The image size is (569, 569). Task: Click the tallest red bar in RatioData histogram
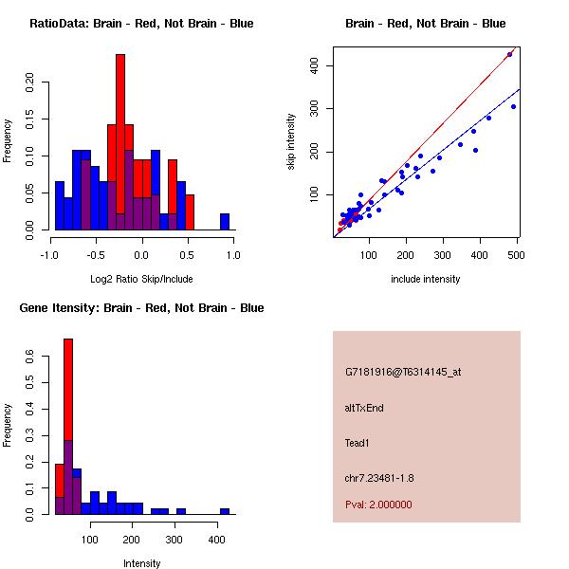(x=120, y=142)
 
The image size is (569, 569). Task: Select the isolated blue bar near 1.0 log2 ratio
(x=225, y=222)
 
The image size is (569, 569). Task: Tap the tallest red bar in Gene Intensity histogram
(x=68, y=427)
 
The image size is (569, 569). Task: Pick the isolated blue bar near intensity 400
(x=225, y=512)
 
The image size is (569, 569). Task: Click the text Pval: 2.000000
(x=378, y=505)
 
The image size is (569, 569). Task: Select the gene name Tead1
(x=358, y=443)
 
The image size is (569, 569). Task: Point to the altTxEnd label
(x=364, y=408)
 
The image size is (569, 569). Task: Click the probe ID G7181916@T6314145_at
(x=403, y=373)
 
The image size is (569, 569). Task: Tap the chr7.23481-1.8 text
(x=379, y=478)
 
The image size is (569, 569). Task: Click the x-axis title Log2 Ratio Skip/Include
(x=141, y=279)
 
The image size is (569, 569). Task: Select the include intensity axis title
(x=425, y=279)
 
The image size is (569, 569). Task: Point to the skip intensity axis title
(x=291, y=142)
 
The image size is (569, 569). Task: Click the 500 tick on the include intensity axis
(x=516, y=255)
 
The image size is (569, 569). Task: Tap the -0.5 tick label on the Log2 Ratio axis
(x=96, y=255)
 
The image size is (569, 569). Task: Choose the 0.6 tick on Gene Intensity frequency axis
(x=29, y=357)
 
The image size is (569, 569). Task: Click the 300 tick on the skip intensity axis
(x=314, y=108)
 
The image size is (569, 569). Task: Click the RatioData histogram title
(x=141, y=24)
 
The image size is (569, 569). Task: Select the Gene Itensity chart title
(x=141, y=308)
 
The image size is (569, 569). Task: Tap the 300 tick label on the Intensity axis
(x=174, y=540)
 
